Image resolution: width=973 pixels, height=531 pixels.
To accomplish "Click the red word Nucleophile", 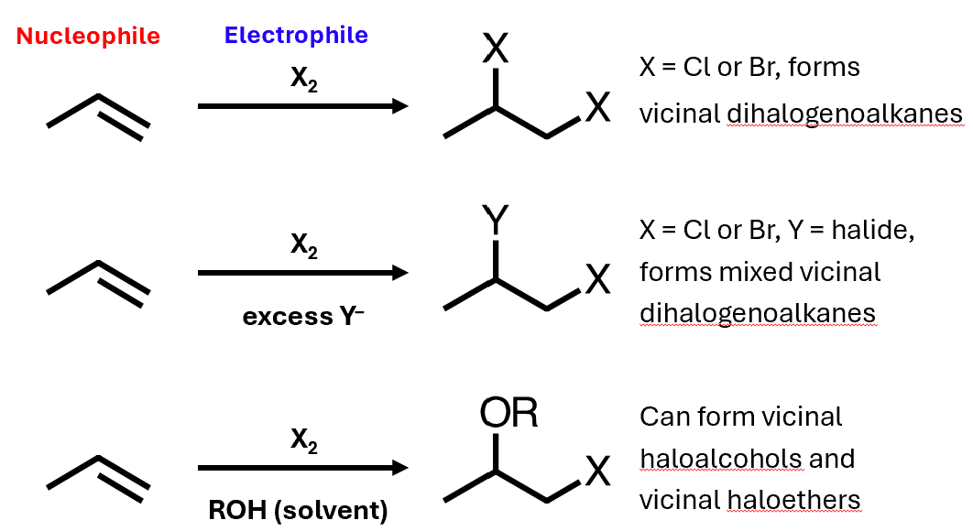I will coord(88,37).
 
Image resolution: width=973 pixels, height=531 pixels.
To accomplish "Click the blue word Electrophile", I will coord(296,36).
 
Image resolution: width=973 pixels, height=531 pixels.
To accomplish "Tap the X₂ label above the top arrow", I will coord(304,80).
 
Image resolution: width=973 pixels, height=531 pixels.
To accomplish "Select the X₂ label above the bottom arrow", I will coord(304,441).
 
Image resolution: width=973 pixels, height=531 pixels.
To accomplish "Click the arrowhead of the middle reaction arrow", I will coord(399,273).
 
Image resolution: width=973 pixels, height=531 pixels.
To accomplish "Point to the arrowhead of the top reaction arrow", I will coord(399,107).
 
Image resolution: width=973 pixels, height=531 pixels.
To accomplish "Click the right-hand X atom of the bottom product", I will coord(597,472).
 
